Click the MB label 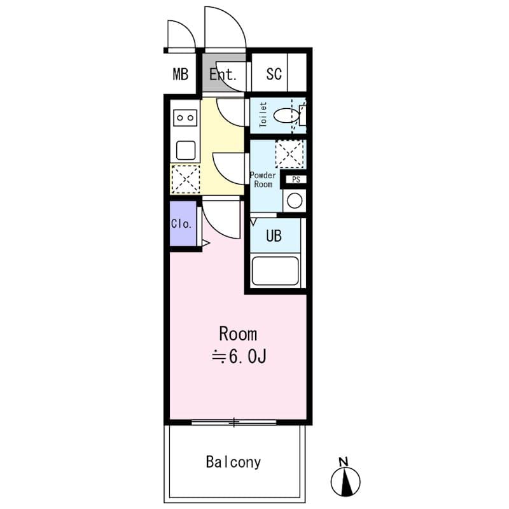click(181, 74)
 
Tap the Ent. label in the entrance click(223, 74)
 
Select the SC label click(274, 74)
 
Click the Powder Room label click(263, 179)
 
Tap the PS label click(295, 179)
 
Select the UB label click(274, 236)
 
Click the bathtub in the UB click(275, 271)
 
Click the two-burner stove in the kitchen click(186, 118)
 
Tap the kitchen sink click(186, 150)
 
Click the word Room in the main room click(238, 333)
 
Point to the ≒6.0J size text click(238, 358)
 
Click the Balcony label click(233, 462)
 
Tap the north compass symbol click(345, 482)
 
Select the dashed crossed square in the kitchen click(186, 179)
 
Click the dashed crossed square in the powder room click(289, 153)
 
